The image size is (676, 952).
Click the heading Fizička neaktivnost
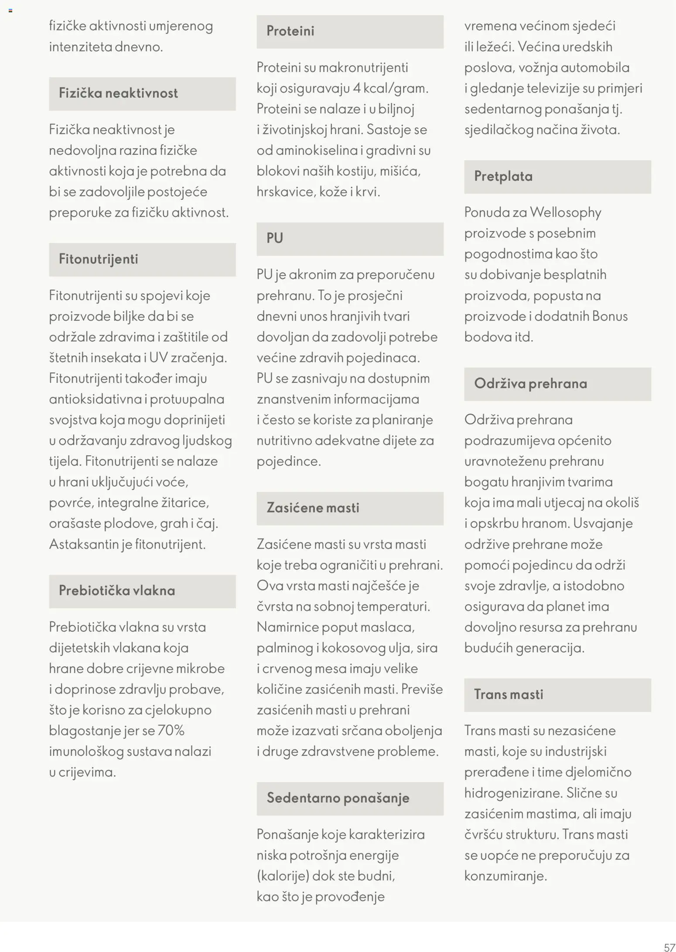[118, 93]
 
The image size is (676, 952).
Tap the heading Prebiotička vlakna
[117, 590]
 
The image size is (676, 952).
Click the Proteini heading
[290, 31]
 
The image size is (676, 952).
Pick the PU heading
[275, 238]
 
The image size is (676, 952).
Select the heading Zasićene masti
[313, 508]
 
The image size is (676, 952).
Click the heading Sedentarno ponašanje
[338, 798]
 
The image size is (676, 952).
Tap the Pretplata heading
[503, 176]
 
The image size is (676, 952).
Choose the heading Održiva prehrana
[530, 383]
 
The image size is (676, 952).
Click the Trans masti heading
[509, 694]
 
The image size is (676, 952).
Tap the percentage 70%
[171, 730]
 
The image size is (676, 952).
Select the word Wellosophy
[566, 212]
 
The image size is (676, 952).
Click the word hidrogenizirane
[513, 793]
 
